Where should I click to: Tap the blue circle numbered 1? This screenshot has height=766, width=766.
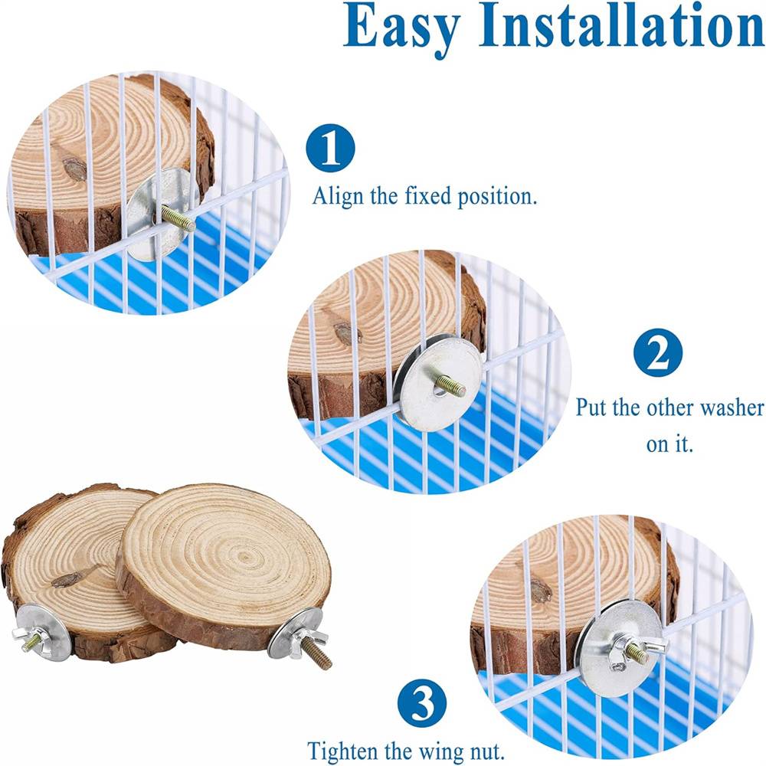click(330, 148)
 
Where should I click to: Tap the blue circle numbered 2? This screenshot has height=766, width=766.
click(658, 352)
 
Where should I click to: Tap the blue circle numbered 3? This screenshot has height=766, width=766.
click(422, 703)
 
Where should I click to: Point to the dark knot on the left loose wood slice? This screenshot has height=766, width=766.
click(67, 579)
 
